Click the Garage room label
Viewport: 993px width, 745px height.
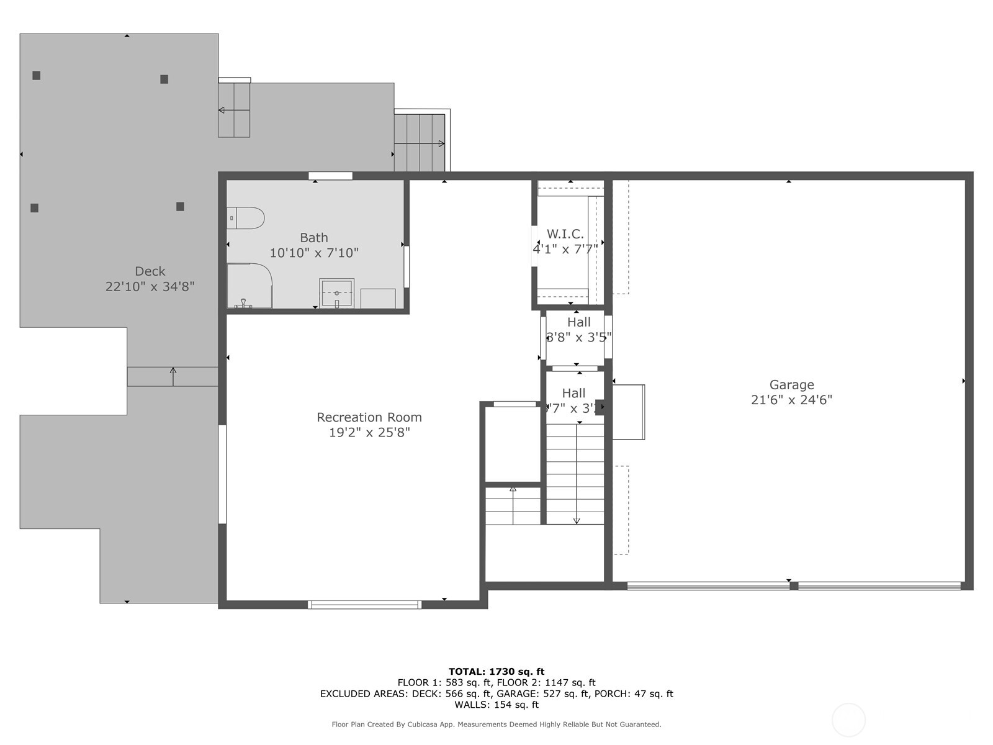[791, 385]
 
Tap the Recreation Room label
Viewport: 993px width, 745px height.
[369, 417]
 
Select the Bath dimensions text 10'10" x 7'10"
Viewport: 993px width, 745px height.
[314, 253]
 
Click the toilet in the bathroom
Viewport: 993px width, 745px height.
[246, 218]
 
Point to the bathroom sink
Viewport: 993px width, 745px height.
[336, 293]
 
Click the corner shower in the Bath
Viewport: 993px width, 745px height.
[248, 286]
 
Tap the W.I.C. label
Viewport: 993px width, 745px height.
[565, 234]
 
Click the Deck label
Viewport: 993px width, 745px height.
[150, 271]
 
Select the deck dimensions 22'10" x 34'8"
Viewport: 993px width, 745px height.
[150, 287]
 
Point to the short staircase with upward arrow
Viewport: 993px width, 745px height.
[513, 506]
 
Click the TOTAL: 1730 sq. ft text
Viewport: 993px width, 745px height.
[496, 671]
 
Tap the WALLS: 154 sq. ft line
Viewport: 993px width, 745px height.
[496, 705]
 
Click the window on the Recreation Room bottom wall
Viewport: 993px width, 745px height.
[365, 604]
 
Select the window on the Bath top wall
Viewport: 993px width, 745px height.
[330, 176]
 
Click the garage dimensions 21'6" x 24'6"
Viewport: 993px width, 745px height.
[791, 400]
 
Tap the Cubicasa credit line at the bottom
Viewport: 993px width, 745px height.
[496, 725]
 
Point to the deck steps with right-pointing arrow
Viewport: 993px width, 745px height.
[420, 143]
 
